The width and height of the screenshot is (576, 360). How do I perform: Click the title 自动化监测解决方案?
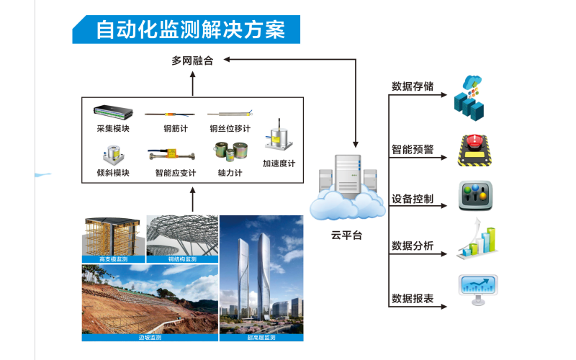(x=191, y=30)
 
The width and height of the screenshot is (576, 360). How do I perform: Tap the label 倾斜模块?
(x=113, y=173)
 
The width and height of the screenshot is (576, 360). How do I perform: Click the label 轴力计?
(x=230, y=173)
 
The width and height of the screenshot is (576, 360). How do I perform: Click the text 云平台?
(x=347, y=235)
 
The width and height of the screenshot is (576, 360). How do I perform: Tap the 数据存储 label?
(x=413, y=86)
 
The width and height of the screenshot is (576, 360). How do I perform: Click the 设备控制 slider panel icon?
(x=477, y=196)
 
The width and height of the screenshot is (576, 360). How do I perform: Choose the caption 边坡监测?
(x=150, y=337)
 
